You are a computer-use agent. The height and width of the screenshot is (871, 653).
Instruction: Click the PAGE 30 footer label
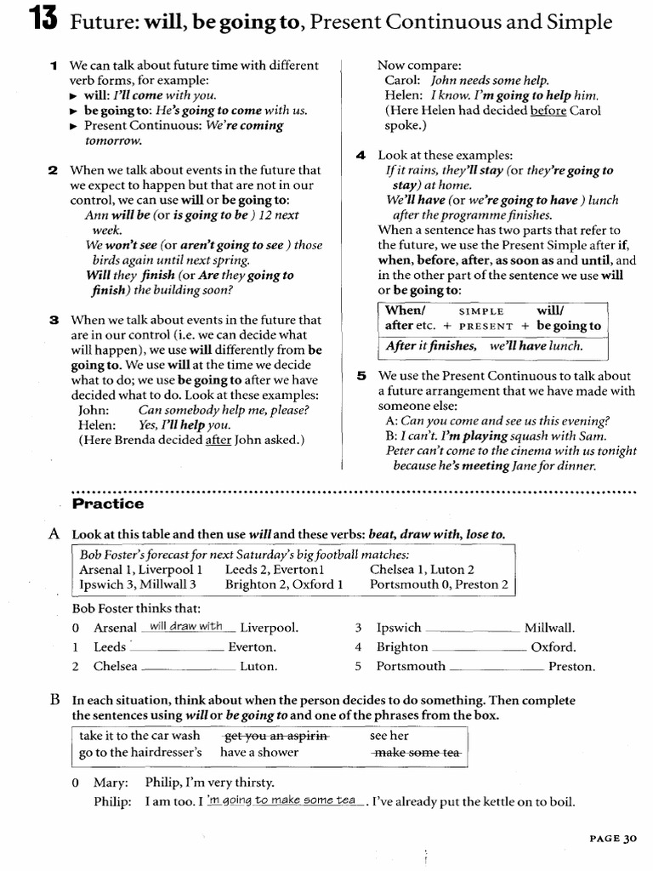612,838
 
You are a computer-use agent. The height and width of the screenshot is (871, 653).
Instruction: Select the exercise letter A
54,534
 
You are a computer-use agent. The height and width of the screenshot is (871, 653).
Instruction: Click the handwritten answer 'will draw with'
185,627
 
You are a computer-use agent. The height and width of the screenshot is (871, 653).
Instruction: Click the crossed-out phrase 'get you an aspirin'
274,736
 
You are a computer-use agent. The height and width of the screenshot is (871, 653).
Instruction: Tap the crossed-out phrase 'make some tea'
417,753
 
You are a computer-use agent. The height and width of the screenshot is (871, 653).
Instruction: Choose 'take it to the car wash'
139,736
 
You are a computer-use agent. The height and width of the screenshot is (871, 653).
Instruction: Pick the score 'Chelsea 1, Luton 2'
422,570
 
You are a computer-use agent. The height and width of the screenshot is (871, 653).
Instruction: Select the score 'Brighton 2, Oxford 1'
284,585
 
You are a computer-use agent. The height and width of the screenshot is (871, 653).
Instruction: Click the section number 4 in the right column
361,155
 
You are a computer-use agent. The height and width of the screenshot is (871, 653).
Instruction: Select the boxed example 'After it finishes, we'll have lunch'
483,346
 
